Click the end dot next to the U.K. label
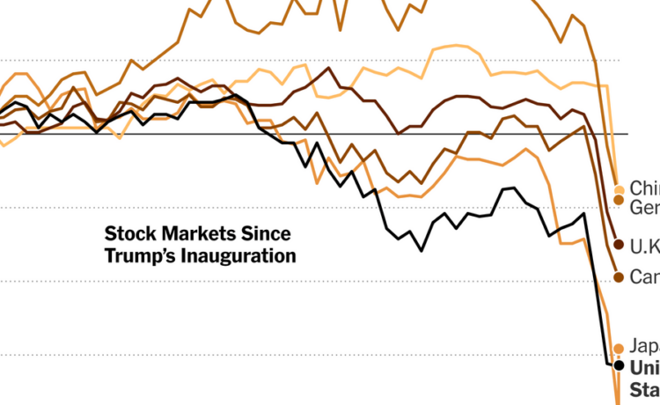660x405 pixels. click(x=619, y=244)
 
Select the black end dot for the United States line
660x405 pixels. click(x=619, y=364)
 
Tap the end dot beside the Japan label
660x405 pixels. click(x=619, y=348)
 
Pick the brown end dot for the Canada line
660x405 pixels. click(x=619, y=277)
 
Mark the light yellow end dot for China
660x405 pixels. click(x=619, y=189)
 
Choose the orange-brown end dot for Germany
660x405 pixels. click(x=619, y=202)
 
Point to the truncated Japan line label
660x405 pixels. click(x=644, y=347)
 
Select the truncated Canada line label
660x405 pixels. click(x=644, y=277)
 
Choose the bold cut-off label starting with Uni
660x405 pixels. click(x=644, y=365)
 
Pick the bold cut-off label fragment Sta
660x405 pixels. click(x=644, y=388)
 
